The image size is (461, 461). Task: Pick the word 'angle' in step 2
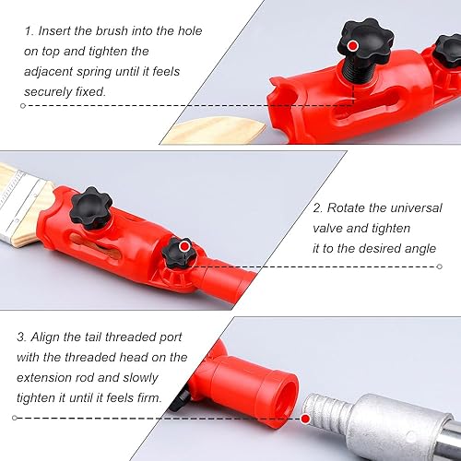click(420, 249)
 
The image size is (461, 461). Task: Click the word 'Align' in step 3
click(45, 337)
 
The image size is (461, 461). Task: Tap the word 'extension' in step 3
click(43, 378)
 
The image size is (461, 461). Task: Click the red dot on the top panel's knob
click(353, 46)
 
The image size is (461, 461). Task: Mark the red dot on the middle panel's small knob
click(184, 246)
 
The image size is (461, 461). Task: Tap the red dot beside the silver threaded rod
click(305, 419)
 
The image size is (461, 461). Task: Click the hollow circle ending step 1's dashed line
click(22, 106)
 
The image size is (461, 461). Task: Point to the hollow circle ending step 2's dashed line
click(440, 266)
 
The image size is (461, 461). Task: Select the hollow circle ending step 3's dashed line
click(15, 418)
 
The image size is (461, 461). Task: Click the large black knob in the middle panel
click(91, 207)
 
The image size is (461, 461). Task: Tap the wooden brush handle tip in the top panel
click(215, 131)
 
